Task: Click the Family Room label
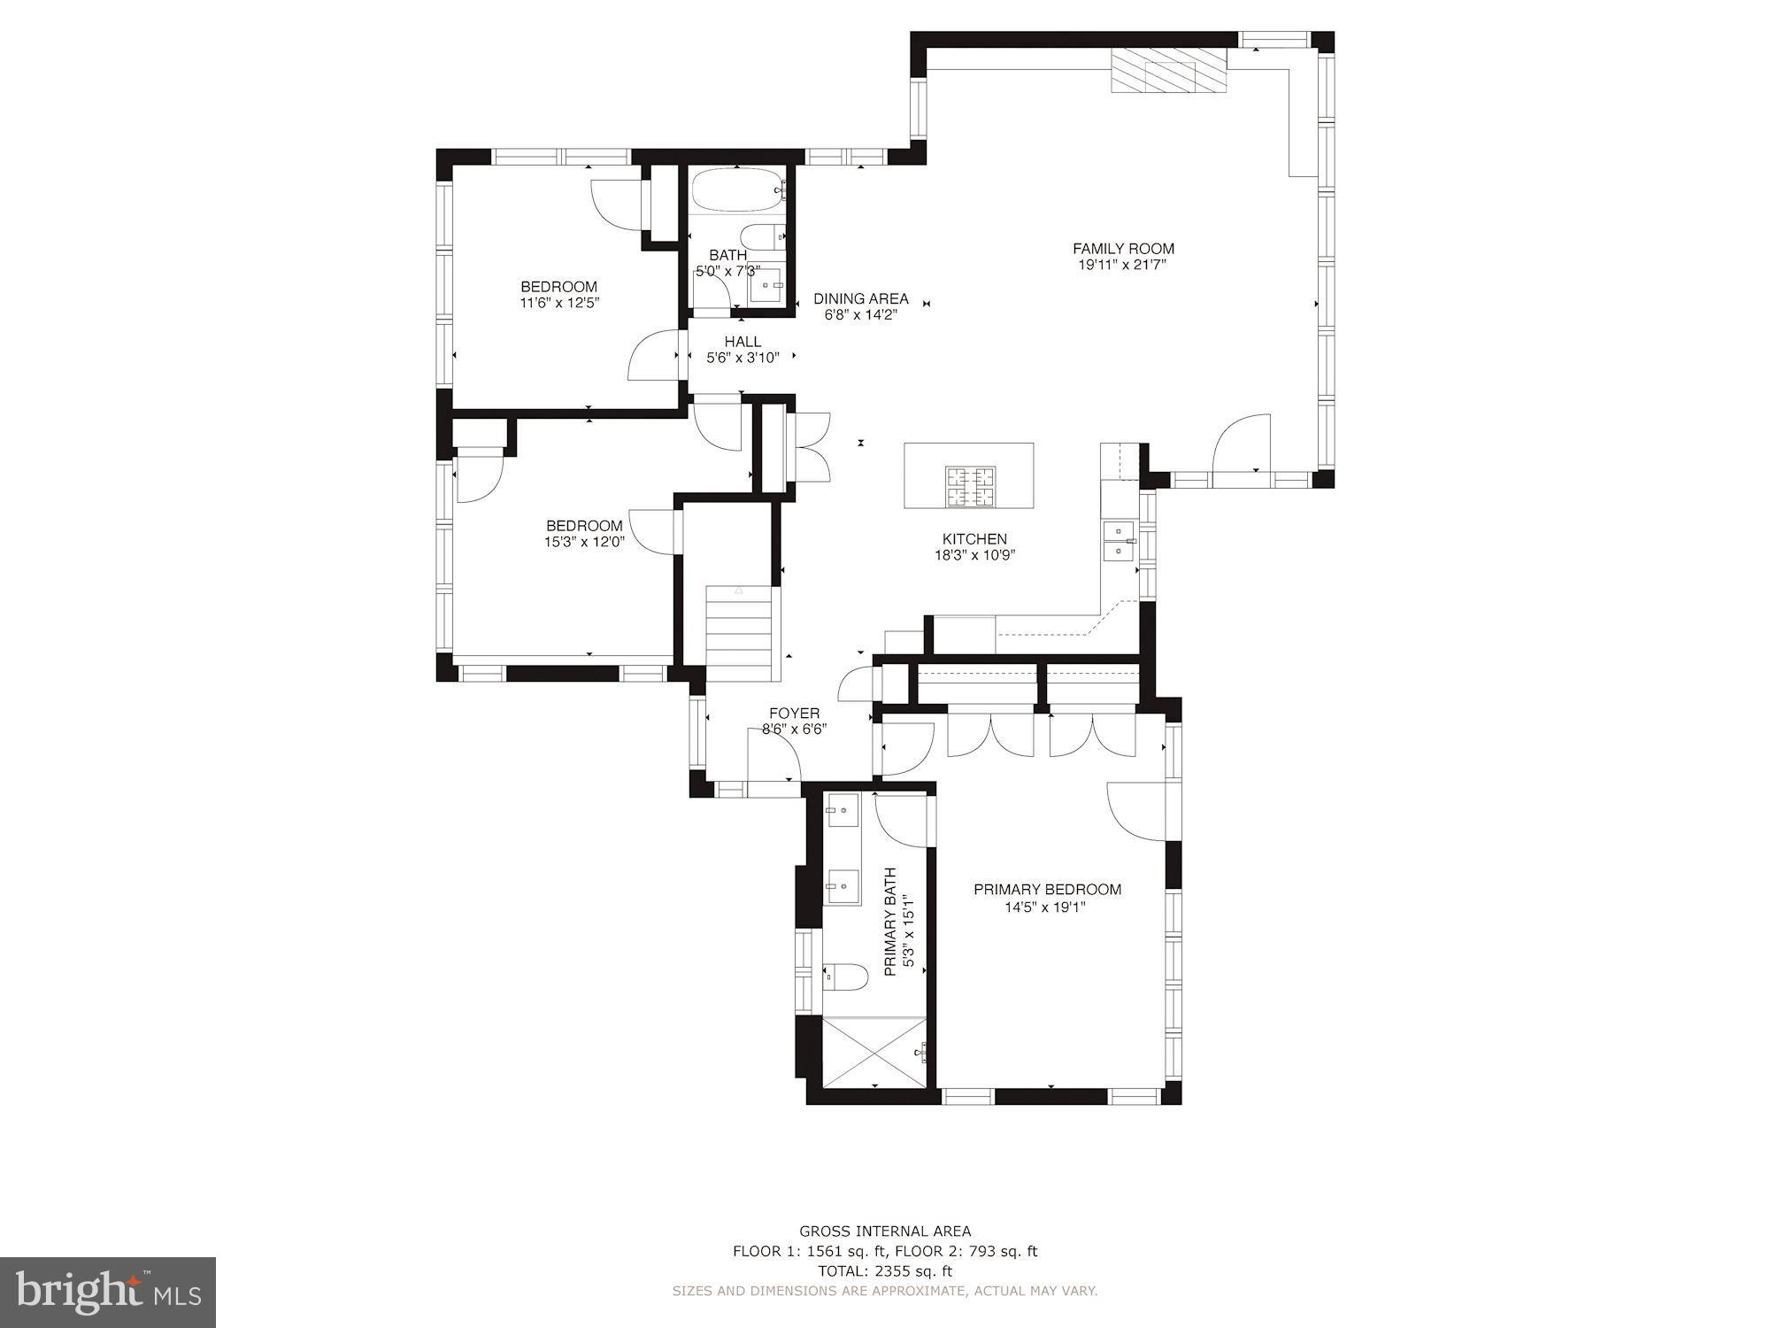(1123, 249)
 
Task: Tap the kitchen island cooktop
(970, 486)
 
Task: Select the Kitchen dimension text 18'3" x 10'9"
(973, 555)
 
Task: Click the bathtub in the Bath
(737, 189)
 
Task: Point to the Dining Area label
(860, 298)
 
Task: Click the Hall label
(743, 342)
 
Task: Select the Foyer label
(794, 713)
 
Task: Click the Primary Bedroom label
(1047, 889)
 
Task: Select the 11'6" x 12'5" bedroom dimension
(559, 303)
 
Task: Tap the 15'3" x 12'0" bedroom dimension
(584, 542)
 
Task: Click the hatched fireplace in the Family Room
(1169, 69)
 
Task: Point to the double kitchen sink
(1119, 541)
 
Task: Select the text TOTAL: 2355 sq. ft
(884, 1271)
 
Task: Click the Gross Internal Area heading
(884, 1231)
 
